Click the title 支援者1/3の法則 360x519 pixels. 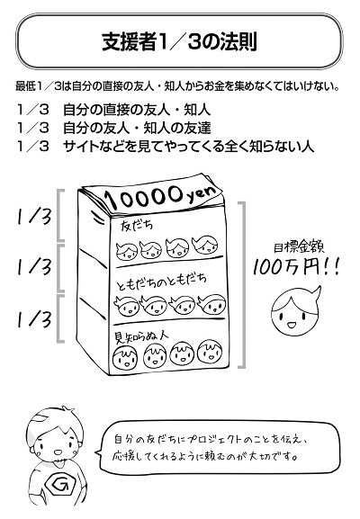179,41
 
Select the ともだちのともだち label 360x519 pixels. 162,282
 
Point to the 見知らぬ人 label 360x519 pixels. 141,336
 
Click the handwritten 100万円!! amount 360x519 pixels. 296,267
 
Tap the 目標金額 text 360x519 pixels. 299,247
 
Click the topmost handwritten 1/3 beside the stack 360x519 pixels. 34,217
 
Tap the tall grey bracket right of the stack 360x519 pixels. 243,284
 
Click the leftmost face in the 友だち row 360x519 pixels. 127,251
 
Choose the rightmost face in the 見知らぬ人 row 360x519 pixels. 210,352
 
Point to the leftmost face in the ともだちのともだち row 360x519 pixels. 126,306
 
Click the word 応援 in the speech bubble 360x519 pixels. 122,456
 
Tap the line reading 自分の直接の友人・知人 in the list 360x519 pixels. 137,110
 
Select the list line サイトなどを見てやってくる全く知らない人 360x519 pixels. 188,146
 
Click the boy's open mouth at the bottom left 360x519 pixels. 58,452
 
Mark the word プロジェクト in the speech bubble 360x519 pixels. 214,439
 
